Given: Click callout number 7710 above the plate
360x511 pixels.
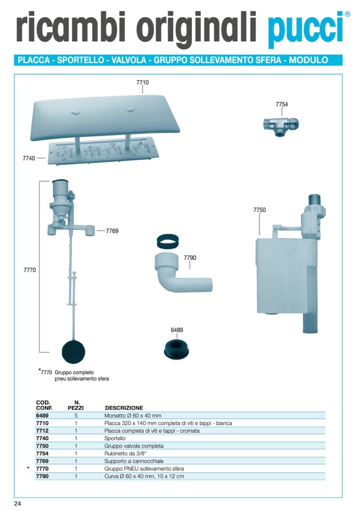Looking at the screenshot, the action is (x=142, y=83).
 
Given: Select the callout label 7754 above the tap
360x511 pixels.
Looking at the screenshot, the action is (x=282, y=104).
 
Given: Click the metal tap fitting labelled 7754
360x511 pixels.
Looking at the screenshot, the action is (x=281, y=125).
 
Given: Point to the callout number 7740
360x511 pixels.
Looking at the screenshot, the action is (x=28, y=158).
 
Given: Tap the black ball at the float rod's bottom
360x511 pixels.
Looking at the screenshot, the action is (x=73, y=352).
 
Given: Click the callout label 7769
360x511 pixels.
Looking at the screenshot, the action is (x=112, y=231).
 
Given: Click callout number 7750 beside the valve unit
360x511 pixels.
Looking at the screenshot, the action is (x=259, y=210).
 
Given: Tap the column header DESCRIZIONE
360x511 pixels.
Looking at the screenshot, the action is (x=124, y=408).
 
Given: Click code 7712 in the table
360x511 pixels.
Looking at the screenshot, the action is (x=42, y=431).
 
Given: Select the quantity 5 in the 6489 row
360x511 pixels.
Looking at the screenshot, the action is (x=76, y=416).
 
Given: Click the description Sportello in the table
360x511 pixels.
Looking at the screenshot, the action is (x=115, y=438).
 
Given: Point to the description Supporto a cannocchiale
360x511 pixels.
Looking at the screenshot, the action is (x=134, y=461).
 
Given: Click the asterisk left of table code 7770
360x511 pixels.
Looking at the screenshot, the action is (x=28, y=468).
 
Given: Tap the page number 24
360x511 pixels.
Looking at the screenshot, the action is (x=18, y=504).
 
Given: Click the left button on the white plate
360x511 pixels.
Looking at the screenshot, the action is (x=75, y=113).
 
